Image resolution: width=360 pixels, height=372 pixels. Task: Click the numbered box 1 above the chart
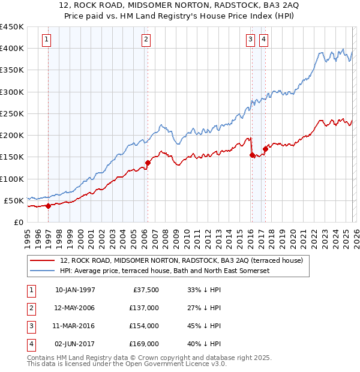47,40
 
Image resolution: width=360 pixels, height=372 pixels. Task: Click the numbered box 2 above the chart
146,40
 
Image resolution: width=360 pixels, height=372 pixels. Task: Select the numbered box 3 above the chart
250,40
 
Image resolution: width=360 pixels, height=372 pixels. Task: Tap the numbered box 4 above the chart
264,40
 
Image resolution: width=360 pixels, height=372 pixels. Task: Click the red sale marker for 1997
48,206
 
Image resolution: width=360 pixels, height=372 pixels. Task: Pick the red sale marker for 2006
148,163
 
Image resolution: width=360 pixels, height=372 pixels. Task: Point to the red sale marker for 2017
265,149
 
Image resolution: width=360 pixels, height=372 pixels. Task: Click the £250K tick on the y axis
12,113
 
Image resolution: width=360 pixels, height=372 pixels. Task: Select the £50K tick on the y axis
14,200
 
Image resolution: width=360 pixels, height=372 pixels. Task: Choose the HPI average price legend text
164,271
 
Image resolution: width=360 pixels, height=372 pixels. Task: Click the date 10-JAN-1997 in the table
75,290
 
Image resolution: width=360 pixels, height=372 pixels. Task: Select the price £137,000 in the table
145,308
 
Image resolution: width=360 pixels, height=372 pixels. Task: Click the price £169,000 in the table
145,344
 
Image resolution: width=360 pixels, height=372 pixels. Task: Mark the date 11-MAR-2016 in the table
75,326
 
